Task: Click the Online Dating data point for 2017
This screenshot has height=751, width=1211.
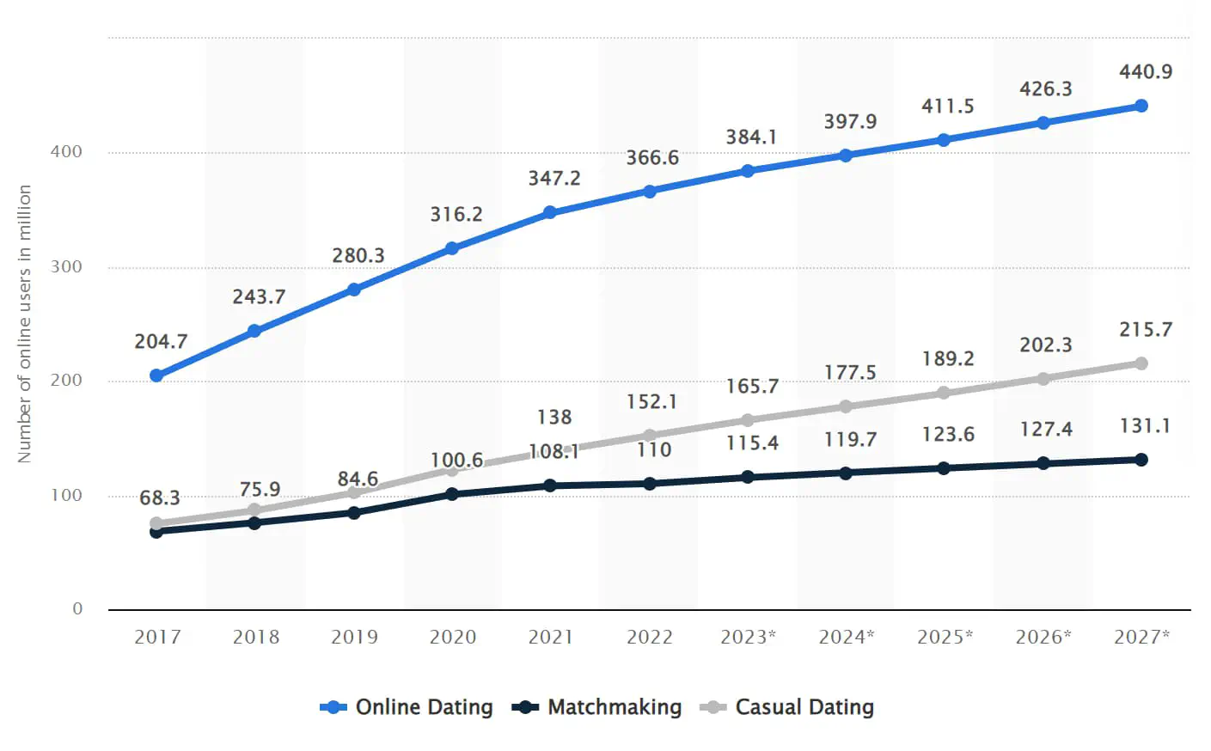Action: [156, 375]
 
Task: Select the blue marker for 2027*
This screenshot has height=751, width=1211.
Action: [1141, 106]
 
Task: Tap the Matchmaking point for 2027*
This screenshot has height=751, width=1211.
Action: [1141, 460]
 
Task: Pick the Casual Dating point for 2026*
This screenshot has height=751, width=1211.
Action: [1043, 379]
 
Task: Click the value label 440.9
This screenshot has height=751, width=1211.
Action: [1145, 72]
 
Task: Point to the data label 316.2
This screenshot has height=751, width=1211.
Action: [456, 215]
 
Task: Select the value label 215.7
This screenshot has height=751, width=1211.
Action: [1145, 330]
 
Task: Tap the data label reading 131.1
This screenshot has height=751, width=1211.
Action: [1145, 426]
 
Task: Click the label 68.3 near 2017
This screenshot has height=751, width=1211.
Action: [160, 498]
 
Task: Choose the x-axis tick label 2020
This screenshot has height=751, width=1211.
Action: [453, 638]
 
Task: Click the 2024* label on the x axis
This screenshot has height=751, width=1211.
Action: [846, 638]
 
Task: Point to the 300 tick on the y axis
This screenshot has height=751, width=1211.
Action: [66, 266]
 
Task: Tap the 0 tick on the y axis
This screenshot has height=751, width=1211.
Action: [77, 609]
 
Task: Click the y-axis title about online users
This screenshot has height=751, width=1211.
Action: [25, 324]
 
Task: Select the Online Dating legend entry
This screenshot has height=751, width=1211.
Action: [407, 707]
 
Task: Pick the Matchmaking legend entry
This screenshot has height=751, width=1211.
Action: [597, 707]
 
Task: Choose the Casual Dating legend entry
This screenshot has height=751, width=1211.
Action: [787, 707]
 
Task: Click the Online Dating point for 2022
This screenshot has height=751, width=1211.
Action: [650, 191]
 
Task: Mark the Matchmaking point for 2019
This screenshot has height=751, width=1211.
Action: [354, 513]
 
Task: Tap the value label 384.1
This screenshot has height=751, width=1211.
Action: [751, 137]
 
